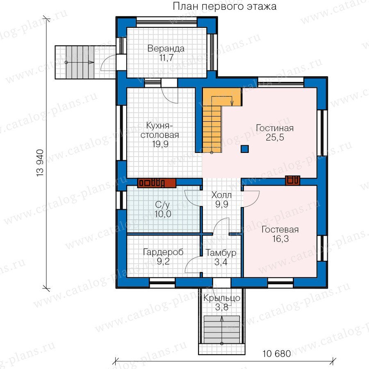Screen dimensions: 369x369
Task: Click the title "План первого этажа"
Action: pyautogui.click(x=225, y=6)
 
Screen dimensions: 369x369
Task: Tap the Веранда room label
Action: pyautogui.click(x=166, y=48)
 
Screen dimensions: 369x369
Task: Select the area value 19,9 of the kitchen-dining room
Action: pyautogui.click(x=160, y=144)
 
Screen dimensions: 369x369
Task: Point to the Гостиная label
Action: pyautogui.click(x=275, y=128)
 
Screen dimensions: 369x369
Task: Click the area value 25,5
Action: pyautogui.click(x=275, y=137)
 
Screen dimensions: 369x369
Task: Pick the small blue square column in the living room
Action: pyautogui.click(x=245, y=149)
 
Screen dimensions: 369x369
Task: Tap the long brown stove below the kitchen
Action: pyautogui.click(x=157, y=183)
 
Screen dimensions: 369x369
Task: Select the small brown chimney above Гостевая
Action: pyautogui.click(x=292, y=180)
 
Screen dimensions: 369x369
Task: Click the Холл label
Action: pyautogui.click(x=221, y=195)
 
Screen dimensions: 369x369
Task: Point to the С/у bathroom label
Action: pyautogui.click(x=162, y=205)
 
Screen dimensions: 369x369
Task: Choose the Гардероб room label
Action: pyautogui.click(x=163, y=252)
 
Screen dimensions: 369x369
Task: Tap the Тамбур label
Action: pyautogui.click(x=221, y=253)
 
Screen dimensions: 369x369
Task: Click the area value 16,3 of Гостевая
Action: pyautogui.click(x=280, y=239)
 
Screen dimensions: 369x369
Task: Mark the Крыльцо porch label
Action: pyautogui.click(x=222, y=298)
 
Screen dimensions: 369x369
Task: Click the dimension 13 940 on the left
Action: pyautogui.click(x=40, y=163)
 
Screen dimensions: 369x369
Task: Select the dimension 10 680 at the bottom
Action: pyautogui.click(x=276, y=353)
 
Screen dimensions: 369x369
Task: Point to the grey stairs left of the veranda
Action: pyautogui.click(x=80, y=62)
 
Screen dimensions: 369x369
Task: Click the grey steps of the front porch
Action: pyautogui.click(x=222, y=330)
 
